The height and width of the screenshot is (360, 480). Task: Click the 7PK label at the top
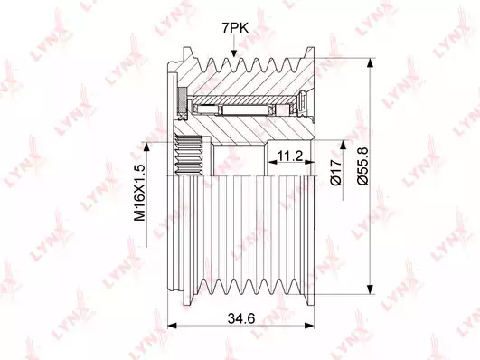coord(235,28)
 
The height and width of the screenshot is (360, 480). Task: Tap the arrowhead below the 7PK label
coord(234,53)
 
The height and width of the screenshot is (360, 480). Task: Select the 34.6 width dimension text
coord(241,318)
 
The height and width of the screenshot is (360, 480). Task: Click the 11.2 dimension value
coord(289,156)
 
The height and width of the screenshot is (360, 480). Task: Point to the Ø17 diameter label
coord(335,172)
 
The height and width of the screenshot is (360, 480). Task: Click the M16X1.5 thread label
coord(139,193)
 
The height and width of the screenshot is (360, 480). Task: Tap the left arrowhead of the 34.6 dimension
coord(173,325)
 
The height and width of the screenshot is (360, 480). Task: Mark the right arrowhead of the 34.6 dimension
coord(309,325)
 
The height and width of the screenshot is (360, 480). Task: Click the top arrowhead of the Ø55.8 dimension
coord(370,62)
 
